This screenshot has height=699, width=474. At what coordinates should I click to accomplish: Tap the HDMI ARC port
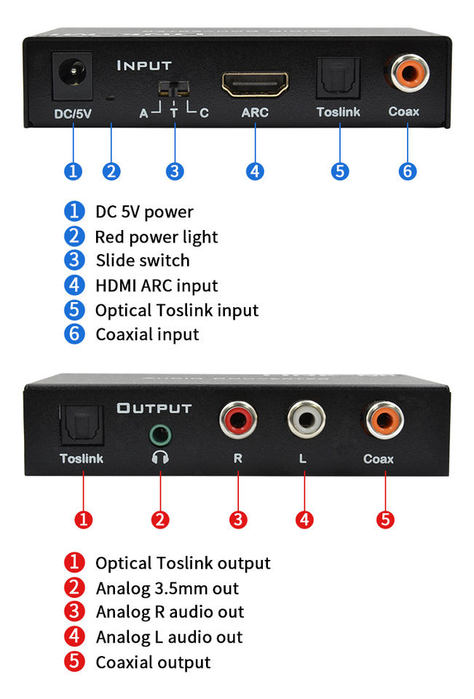point(255,85)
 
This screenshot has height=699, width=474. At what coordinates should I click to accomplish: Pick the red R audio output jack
point(237,422)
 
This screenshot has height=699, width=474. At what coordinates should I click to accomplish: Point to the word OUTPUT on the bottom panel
point(154,408)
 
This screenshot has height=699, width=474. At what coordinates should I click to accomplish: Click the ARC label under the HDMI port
point(255,112)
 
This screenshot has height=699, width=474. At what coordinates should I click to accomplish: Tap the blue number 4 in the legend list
point(74,285)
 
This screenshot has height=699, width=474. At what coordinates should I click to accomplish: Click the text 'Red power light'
point(156,237)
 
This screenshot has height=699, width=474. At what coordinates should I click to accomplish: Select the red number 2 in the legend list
point(74,588)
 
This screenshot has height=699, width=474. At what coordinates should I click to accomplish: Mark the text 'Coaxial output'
point(153,662)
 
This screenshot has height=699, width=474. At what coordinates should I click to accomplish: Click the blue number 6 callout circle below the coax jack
point(408,171)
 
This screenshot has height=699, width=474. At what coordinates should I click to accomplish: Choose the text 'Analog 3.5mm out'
point(167,588)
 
